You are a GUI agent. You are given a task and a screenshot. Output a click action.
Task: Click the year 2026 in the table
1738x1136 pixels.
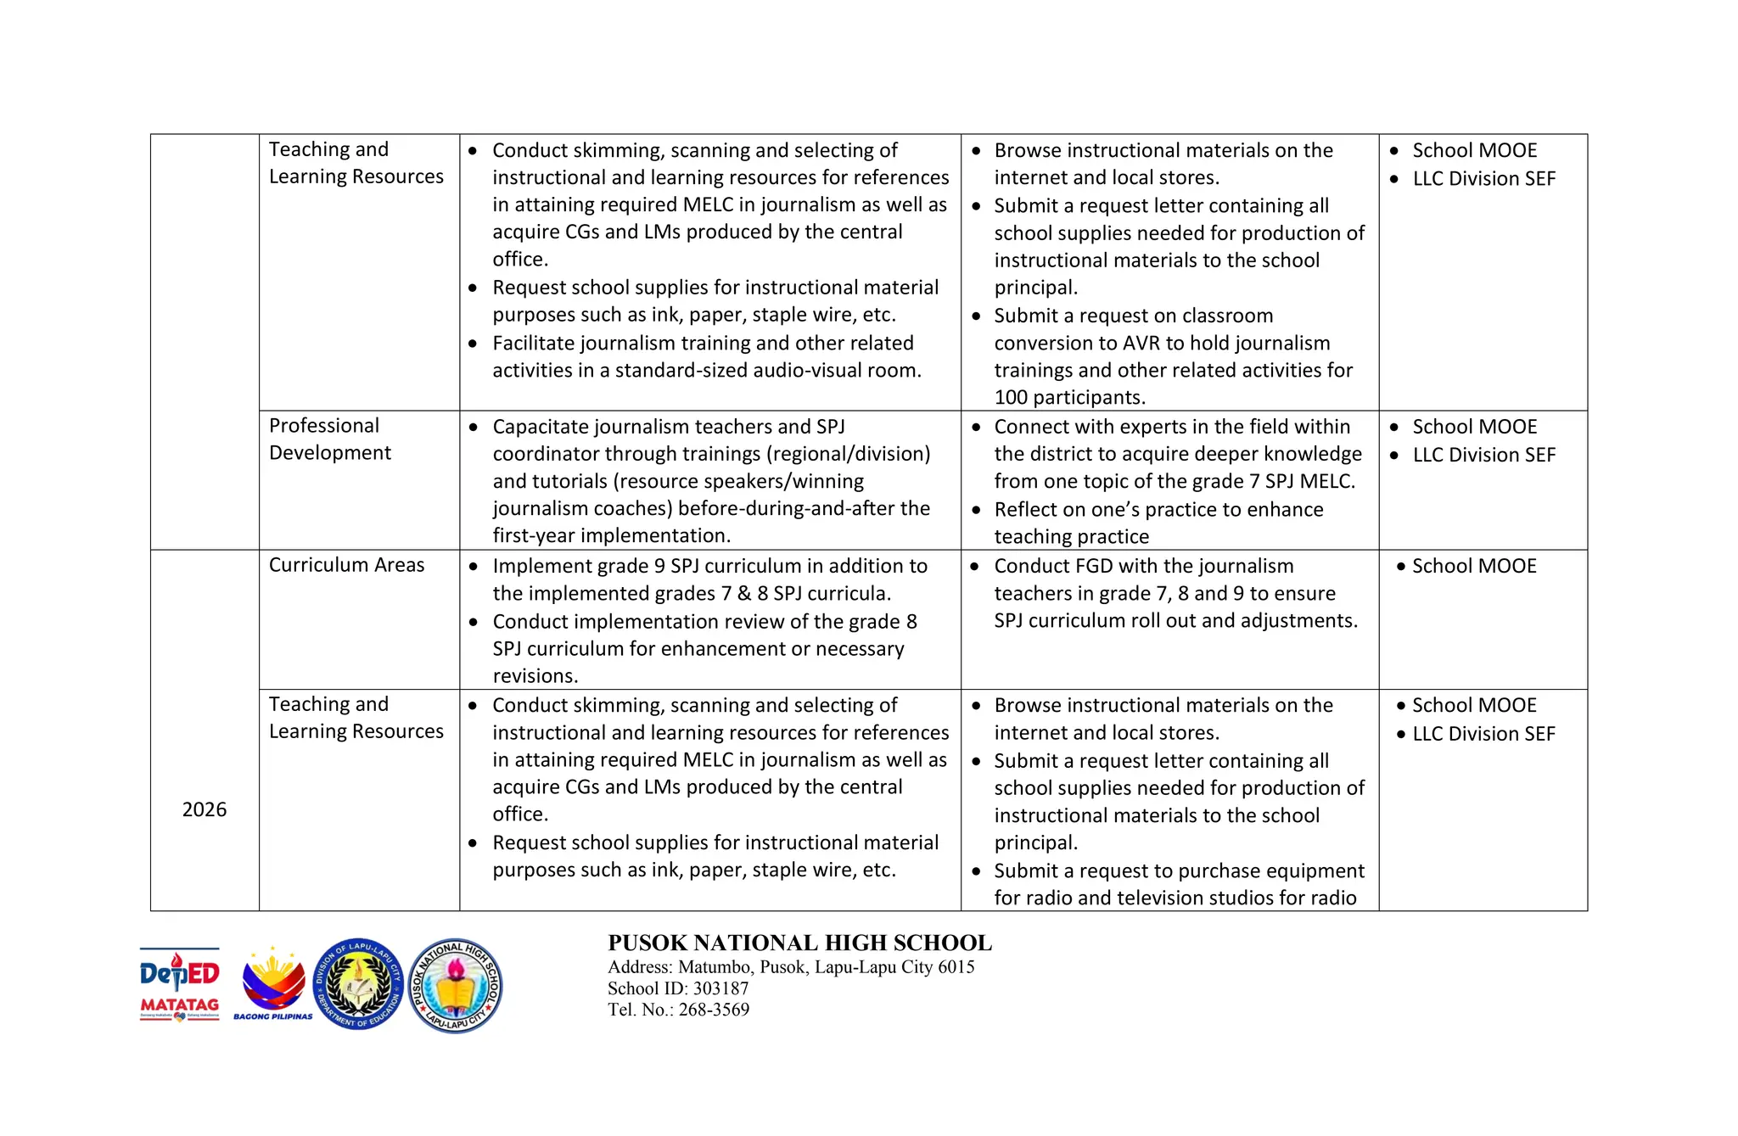coord(204,809)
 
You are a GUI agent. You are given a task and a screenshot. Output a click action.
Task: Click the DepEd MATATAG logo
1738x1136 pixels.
coord(179,984)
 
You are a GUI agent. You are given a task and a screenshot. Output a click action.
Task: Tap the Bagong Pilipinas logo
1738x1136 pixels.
coord(272,985)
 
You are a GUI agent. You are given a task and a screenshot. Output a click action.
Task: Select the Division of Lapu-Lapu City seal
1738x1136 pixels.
coord(358,984)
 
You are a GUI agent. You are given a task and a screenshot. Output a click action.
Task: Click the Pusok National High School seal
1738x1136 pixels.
coord(455,985)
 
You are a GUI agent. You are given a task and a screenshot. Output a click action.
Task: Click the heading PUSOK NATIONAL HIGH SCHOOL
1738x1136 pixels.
coord(799,943)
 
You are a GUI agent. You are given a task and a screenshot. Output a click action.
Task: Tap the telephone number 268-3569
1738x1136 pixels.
coord(714,1010)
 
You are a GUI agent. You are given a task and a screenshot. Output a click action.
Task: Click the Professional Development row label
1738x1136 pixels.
coord(329,439)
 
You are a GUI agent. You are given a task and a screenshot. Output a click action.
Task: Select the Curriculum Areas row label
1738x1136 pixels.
coord(346,565)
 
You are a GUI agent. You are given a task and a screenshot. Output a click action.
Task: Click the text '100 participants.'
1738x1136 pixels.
coord(1069,397)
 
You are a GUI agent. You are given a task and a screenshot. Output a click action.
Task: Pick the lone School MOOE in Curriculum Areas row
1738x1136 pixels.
coord(1473,566)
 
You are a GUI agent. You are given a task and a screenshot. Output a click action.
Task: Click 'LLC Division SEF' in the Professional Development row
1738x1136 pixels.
coord(1483,455)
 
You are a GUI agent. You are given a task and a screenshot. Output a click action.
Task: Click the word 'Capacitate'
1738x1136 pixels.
coord(541,427)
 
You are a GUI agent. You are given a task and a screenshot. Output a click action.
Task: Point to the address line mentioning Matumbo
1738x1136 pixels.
coord(791,967)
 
